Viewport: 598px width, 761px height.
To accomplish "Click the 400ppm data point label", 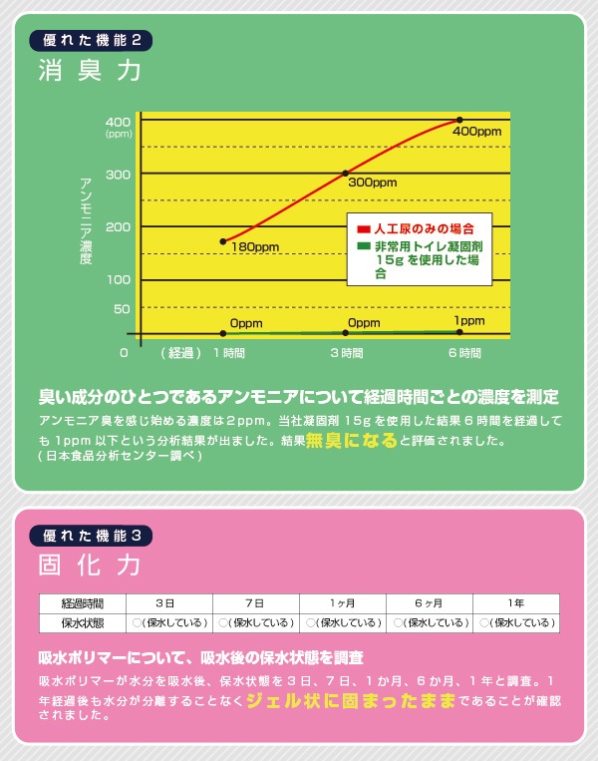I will click(x=476, y=131).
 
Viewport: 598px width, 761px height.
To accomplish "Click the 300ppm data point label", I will click(x=372, y=184).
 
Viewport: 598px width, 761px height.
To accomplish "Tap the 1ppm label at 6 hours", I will click(x=468, y=320).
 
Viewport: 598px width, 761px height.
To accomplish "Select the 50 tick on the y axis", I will click(x=122, y=309).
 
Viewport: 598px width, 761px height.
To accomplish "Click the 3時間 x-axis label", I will click(x=346, y=353).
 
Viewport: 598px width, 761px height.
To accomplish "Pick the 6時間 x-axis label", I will click(x=464, y=353).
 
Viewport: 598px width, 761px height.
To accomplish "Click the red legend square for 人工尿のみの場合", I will click(x=365, y=229).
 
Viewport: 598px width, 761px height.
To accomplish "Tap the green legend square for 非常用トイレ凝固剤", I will click(x=365, y=244).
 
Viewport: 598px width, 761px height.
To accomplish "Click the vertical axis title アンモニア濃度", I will click(x=87, y=218).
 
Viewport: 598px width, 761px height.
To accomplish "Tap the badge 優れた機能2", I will click(x=92, y=41).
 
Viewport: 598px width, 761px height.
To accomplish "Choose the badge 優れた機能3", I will click(x=92, y=535).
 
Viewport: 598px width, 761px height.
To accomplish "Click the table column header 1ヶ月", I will click(x=341, y=603).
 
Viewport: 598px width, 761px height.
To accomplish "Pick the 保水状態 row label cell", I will click(x=83, y=622).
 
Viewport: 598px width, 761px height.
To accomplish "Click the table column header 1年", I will click(x=514, y=603).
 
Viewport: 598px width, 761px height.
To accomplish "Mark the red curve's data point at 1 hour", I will click(x=222, y=241).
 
